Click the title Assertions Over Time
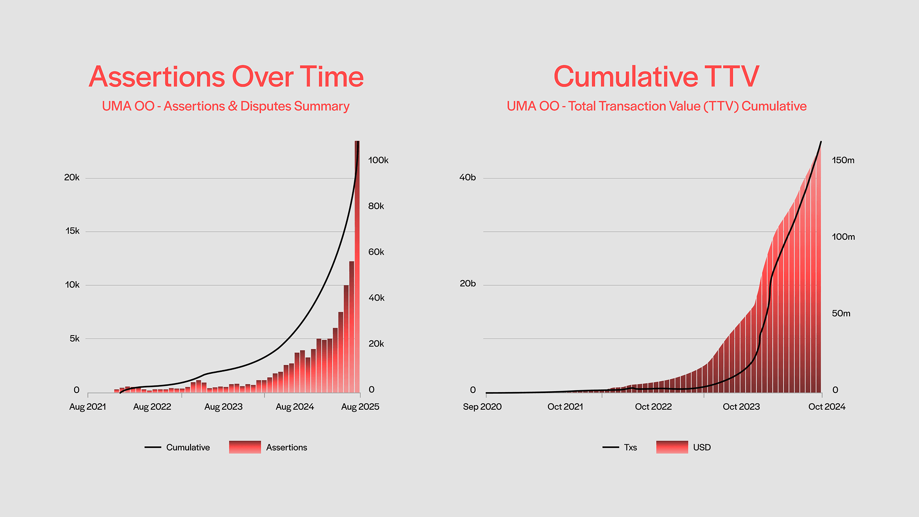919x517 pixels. (x=226, y=77)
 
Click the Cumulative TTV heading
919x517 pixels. (x=656, y=77)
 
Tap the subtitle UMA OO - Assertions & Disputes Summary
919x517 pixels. (x=225, y=106)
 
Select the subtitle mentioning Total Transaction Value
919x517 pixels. (x=656, y=106)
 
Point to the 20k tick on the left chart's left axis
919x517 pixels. (x=72, y=178)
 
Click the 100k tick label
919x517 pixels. (x=378, y=160)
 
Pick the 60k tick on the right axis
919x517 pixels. (x=376, y=252)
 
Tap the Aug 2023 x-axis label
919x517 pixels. (x=223, y=407)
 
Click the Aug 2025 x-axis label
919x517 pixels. (x=360, y=407)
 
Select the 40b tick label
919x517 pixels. (x=467, y=178)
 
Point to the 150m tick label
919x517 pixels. (x=843, y=160)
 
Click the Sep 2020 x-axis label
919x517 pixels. (x=482, y=407)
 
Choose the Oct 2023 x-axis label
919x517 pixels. (x=741, y=407)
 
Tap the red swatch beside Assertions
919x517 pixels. (x=245, y=447)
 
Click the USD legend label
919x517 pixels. (x=702, y=448)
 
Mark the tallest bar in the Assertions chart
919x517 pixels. (x=357, y=268)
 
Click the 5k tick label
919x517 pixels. (x=74, y=339)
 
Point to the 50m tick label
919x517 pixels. (x=841, y=314)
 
